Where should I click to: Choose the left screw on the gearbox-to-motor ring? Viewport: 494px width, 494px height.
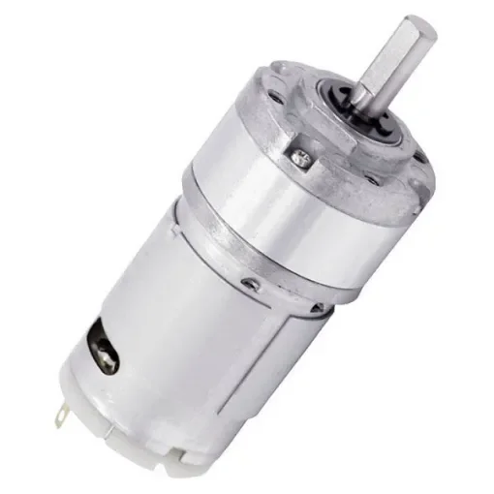click(249, 283)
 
